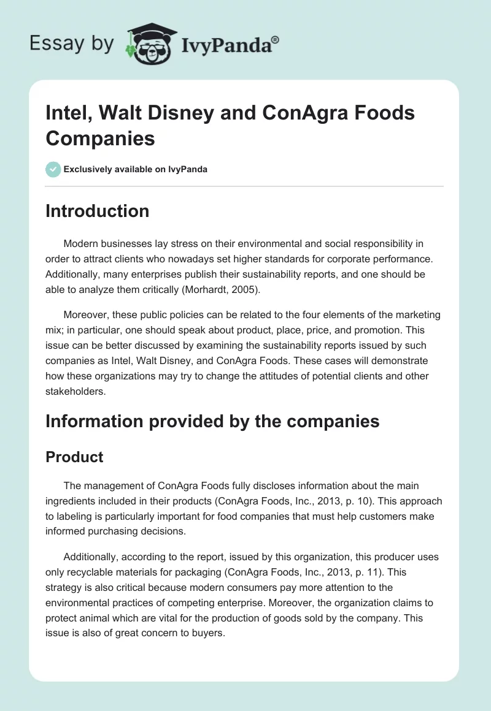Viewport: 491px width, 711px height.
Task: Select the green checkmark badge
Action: pos(53,169)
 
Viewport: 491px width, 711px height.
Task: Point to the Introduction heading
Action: pos(97,211)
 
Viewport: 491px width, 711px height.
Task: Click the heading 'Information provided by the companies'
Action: pos(212,421)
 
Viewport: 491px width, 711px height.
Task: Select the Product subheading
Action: pos(74,457)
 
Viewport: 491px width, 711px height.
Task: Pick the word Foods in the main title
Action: pos(385,113)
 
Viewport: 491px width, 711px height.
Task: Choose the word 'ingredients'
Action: pos(73,501)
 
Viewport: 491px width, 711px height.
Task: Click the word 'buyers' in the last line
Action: pos(208,632)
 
